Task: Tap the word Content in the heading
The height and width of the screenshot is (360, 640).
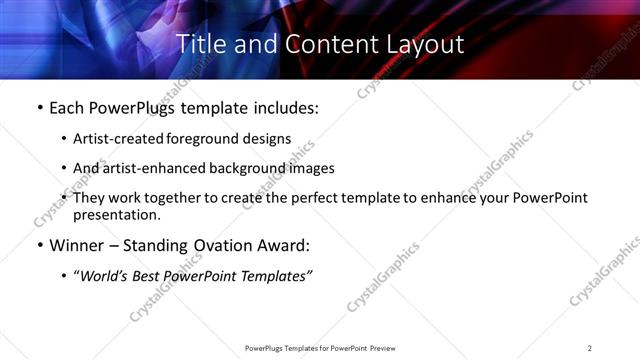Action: tap(324, 45)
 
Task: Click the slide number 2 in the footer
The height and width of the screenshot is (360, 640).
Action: tap(590, 348)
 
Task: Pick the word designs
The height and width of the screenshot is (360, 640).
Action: tap(268, 139)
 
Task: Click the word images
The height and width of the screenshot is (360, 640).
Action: tap(313, 169)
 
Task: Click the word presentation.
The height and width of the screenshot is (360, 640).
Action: tap(114, 214)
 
